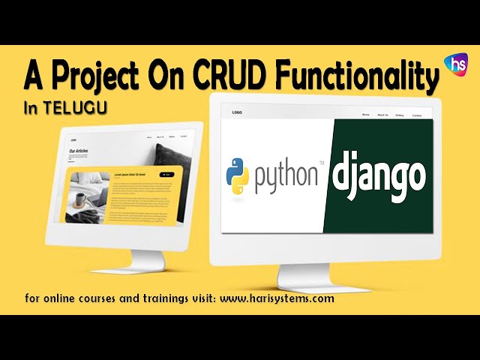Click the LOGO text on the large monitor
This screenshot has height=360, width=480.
237,113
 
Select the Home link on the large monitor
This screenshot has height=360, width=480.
366,115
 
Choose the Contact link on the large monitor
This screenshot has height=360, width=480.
417,115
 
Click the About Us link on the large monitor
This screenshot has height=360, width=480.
382,115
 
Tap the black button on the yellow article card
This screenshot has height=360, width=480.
166,174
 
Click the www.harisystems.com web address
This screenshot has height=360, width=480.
277,298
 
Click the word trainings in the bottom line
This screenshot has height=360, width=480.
144,298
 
